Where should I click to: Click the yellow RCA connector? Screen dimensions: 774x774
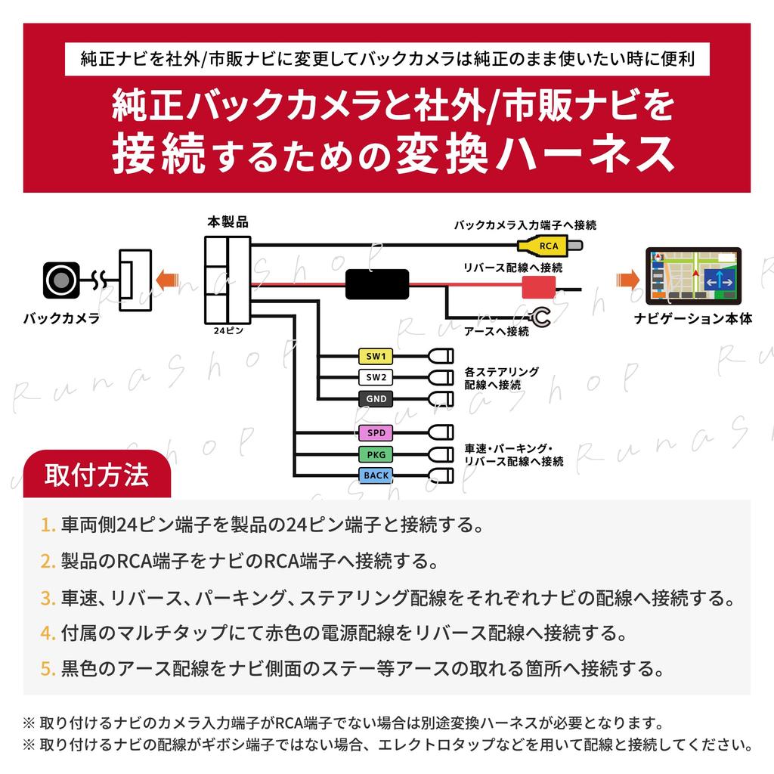tap(550, 245)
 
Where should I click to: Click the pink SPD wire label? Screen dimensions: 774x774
tap(376, 433)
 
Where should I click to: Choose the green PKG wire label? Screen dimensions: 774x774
tap(376, 454)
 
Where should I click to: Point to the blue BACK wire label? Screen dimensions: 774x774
tap(376, 475)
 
